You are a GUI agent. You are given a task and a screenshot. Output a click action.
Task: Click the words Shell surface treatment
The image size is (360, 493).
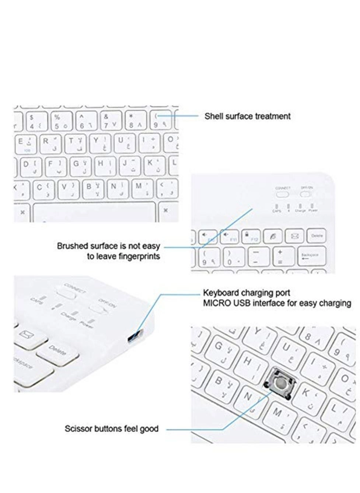coord(247,116)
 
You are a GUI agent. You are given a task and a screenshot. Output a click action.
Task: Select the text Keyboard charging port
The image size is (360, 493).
coord(247,293)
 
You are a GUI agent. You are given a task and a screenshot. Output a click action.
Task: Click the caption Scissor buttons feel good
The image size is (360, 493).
coord(111,429)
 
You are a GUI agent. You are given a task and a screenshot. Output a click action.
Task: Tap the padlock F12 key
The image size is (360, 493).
coord(251,236)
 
